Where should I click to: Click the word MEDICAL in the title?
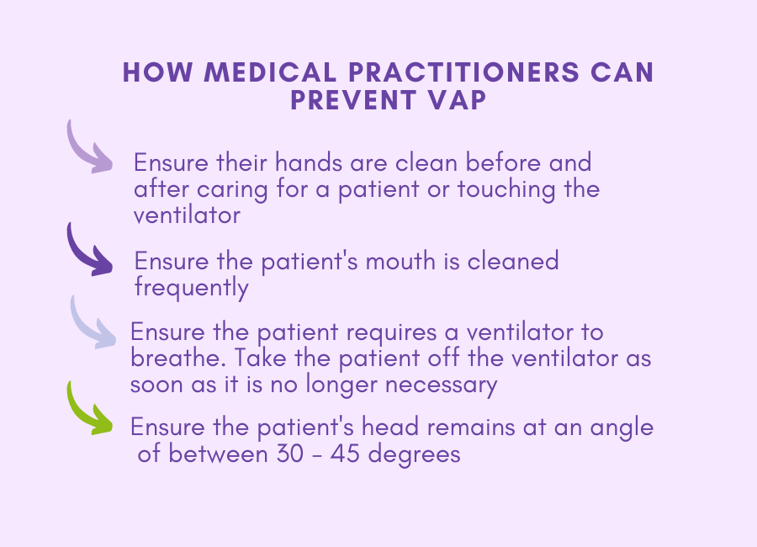point(270,72)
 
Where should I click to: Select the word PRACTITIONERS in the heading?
point(463,72)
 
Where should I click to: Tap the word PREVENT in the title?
point(353,100)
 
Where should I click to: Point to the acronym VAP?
point(457,100)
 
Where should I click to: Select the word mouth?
point(400,261)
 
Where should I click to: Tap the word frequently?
point(192,289)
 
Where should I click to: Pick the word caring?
point(232,189)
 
